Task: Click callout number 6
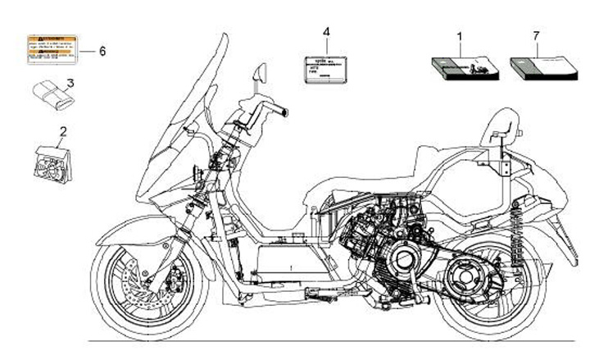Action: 102,51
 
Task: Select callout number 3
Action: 71,83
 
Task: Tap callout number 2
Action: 63,130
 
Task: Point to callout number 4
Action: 326,32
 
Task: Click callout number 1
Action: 459,36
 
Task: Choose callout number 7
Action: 536,36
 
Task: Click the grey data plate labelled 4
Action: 325,68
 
